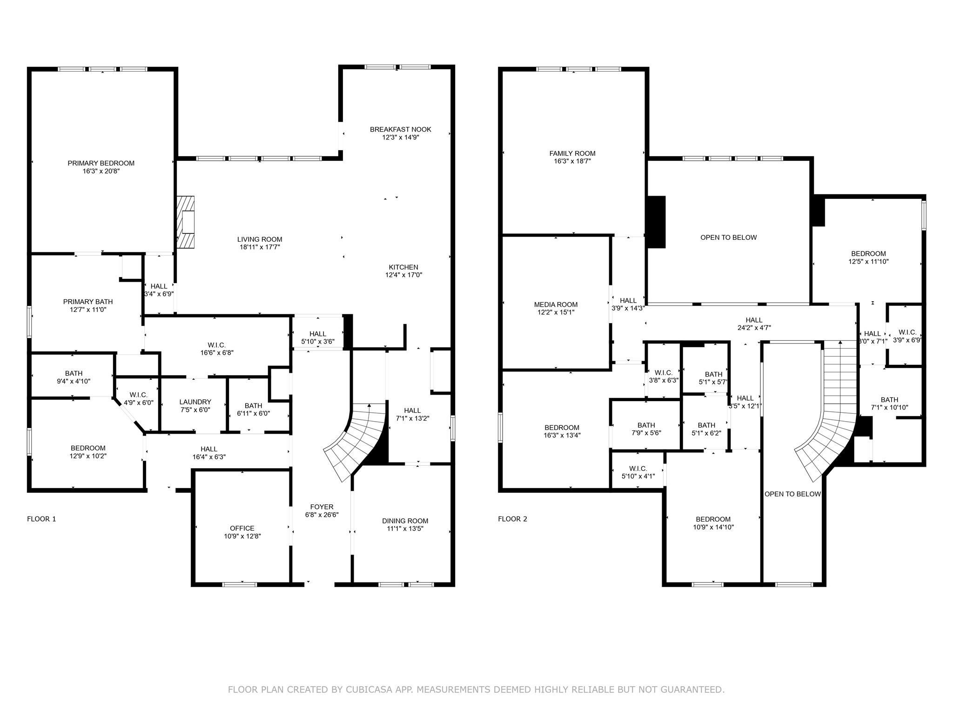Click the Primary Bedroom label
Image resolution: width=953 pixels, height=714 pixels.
(101, 163)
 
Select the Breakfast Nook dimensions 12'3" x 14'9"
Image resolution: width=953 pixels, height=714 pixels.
(400, 137)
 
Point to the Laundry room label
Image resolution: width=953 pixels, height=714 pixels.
(195, 402)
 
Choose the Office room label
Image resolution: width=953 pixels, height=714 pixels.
(242, 528)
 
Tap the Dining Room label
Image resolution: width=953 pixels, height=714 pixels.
(405, 521)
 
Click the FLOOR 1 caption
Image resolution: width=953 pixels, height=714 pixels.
(41, 519)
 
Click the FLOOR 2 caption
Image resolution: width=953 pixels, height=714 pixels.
(512, 519)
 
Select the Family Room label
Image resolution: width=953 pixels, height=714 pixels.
(572, 153)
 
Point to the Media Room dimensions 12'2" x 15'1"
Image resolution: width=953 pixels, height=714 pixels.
(556, 312)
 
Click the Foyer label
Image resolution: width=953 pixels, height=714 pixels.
(322, 507)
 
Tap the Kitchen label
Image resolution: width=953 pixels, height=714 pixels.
(403, 267)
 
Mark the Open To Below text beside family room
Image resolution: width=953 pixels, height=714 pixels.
(728, 238)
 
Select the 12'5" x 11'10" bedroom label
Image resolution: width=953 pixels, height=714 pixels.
(868, 254)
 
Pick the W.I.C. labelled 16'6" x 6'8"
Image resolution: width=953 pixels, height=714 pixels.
(216, 345)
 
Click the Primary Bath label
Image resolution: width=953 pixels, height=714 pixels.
(88, 302)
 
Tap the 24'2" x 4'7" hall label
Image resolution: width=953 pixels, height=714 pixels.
(754, 320)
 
